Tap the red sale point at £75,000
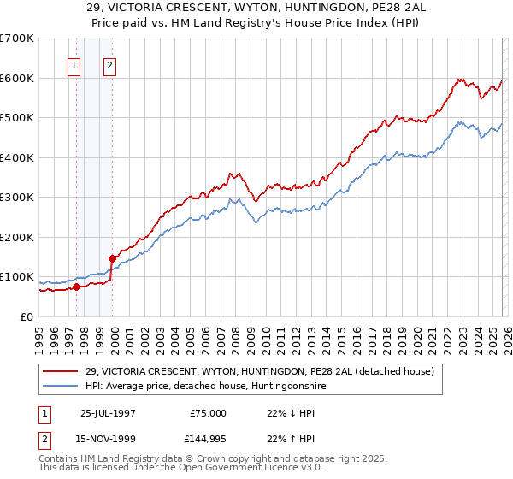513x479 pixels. point(77,287)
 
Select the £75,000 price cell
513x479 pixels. point(208,413)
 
